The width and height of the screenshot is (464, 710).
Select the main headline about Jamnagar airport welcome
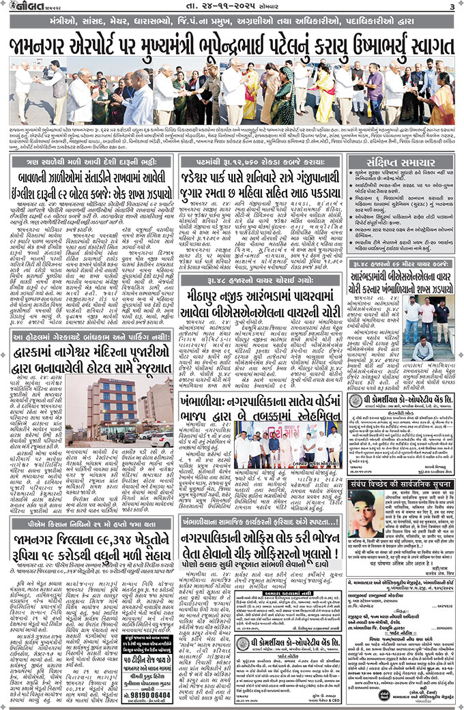[x=232, y=46]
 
